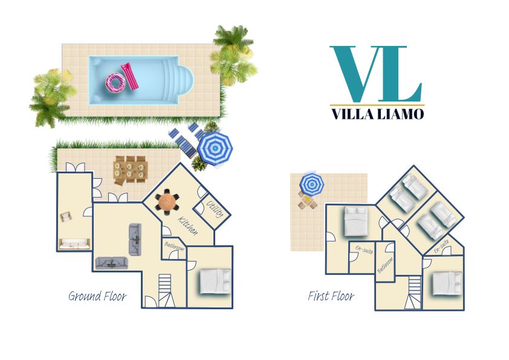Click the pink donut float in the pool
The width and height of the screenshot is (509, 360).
click(x=115, y=82)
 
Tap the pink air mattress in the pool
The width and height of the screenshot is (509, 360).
click(x=130, y=76)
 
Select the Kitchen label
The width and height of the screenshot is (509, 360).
click(x=187, y=225)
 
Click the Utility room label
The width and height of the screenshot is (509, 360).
click(x=215, y=209)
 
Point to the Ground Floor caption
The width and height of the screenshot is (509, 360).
click(x=97, y=296)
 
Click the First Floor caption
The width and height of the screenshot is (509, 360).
click(x=331, y=296)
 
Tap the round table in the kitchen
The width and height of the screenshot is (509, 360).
click(x=167, y=202)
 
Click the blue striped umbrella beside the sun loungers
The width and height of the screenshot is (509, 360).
click(x=215, y=148)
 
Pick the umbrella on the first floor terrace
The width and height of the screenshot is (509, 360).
click(x=312, y=184)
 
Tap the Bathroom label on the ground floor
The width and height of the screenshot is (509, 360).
click(x=174, y=246)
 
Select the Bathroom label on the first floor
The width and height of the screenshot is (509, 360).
click(x=385, y=265)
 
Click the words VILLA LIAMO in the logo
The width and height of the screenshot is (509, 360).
click(x=378, y=114)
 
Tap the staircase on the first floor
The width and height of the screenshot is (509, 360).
click(x=414, y=292)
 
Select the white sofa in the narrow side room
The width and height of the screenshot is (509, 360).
click(x=74, y=244)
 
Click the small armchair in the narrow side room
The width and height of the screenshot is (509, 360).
click(x=65, y=217)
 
